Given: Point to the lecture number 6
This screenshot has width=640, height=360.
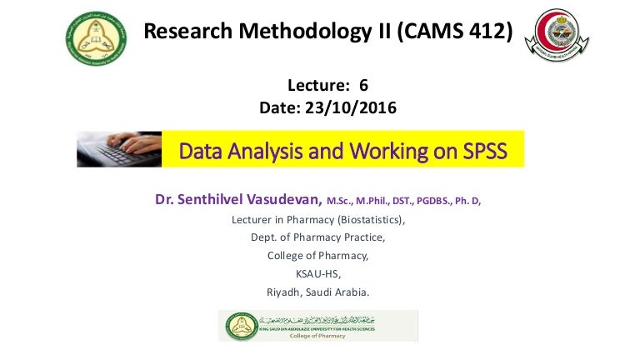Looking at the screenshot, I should (x=363, y=86).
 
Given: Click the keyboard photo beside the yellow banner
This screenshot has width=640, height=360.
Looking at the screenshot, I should (x=118, y=149).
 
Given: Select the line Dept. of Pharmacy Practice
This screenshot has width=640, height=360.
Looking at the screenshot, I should (x=317, y=237).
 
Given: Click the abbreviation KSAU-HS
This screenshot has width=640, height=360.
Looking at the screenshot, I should (x=317, y=274).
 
